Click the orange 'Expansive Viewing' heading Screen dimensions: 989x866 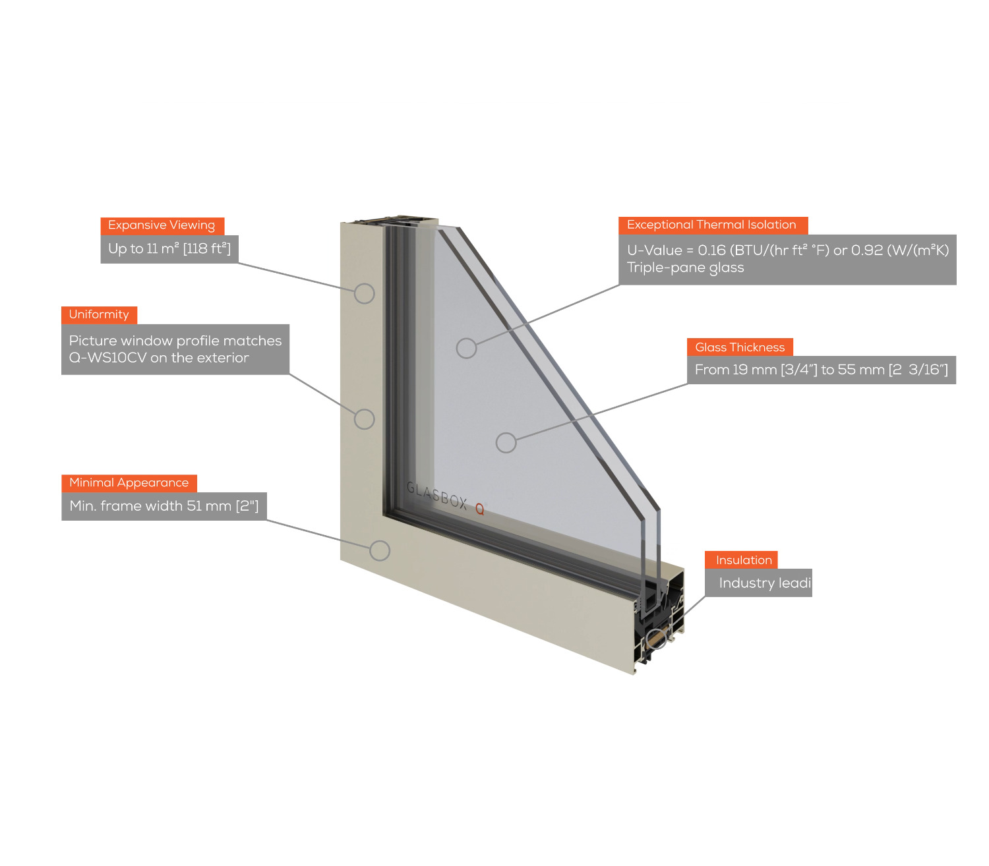pyautogui.click(x=162, y=226)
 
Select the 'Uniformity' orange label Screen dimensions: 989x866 pyautogui.click(x=99, y=315)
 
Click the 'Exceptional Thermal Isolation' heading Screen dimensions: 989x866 pyautogui.click(x=713, y=225)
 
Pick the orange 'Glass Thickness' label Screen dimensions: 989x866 pyautogui.click(x=740, y=347)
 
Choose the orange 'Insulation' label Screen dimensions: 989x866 pyautogui.click(x=741, y=560)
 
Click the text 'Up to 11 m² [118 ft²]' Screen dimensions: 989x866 pyautogui.click(x=169, y=249)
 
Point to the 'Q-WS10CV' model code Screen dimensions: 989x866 pyautogui.click(x=108, y=358)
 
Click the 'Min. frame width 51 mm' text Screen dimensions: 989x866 pyautogui.click(x=150, y=506)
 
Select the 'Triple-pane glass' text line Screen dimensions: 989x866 pyautogui.click(x=685, y=268)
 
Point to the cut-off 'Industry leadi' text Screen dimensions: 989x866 pyautogui.click(x=765, y=583)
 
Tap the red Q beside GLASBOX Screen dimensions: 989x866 pyautogui.click(x=480, y=509)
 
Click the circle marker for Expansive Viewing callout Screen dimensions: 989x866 pyautogui.click(x=364, y=294)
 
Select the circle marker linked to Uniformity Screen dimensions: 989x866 pyautogui.click(x=364, y=419)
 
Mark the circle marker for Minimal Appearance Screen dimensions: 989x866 pyautogui.click(x=380, y=551)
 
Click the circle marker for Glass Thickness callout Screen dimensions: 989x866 pyautogui.click(x=506, y=442)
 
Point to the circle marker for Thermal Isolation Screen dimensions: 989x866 pyautogui.click(x=466, y=349)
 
